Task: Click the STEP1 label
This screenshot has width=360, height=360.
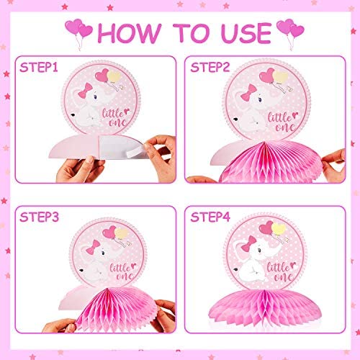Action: click(x=39, y=68)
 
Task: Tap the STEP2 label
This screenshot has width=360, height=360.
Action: click(x=210, y=67)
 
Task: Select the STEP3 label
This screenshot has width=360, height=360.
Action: click(x=39, y=217)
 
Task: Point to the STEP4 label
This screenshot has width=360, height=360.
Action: click(x=210, y=217)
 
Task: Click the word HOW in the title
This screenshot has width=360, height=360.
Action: click(x=130, y=33)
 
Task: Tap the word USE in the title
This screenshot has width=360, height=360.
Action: click(x=246, y=33)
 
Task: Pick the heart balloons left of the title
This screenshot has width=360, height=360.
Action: click(x=78, y=34)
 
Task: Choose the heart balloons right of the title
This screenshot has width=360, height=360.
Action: click(x=290, y=34)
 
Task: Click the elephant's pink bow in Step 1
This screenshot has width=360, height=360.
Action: click(x=85, y=91)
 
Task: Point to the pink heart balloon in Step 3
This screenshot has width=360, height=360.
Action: click(x=109, y=232)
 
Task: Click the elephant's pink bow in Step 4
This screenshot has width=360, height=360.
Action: click(x=249, y=244)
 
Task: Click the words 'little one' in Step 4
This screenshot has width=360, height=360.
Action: click(x=282, y=271)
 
